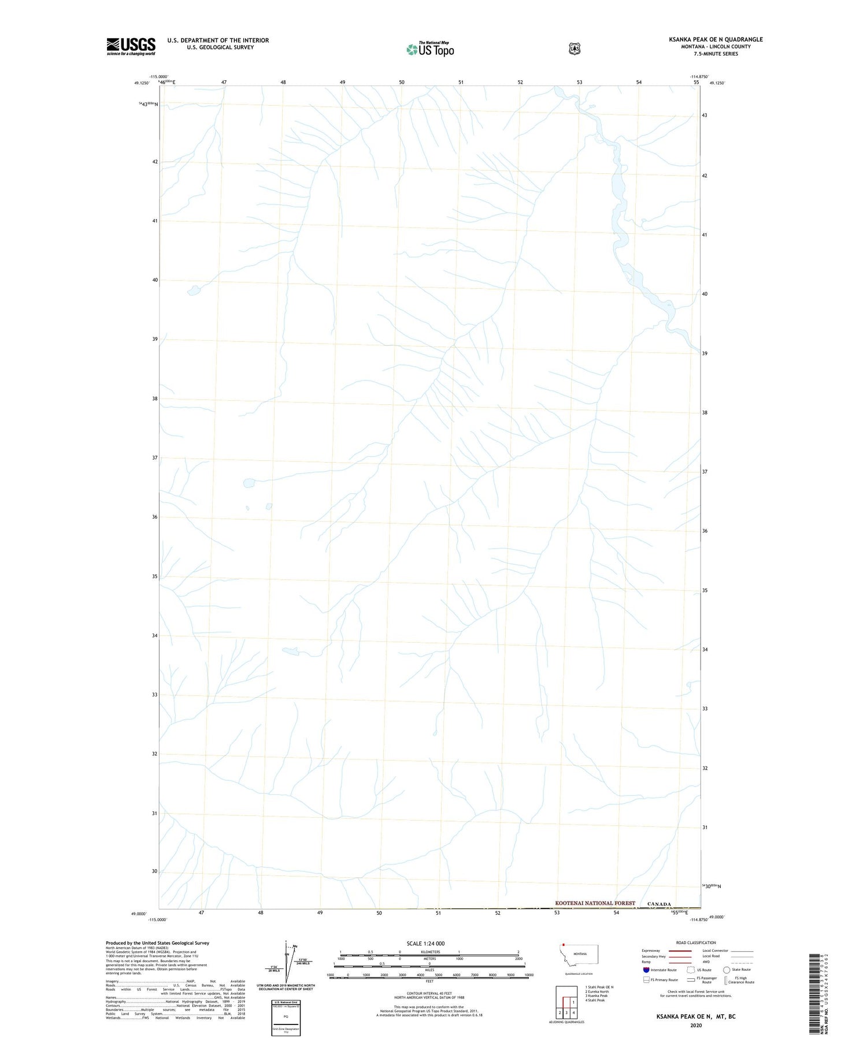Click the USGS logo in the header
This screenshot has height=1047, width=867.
131,46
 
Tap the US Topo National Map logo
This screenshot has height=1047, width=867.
430,49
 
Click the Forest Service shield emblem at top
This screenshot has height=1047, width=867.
574,49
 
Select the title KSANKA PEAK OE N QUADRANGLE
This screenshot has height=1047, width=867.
716,39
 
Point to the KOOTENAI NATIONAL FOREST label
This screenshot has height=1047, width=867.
595,903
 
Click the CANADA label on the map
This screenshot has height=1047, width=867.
659,904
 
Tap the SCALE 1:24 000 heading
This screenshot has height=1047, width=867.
425,943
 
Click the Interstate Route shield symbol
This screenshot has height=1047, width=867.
646,970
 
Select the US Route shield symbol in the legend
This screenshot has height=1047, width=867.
691,970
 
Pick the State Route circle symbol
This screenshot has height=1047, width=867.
727,970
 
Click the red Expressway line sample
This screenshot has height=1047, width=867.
680,951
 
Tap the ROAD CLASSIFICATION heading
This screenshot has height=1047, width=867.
696,942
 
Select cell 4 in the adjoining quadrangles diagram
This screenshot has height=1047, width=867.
573,1013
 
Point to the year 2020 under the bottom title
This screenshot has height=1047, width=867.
696,1025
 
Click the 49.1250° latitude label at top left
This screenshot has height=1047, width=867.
142,83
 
